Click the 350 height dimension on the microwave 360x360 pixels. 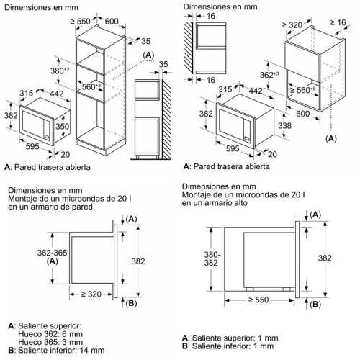(x=63, y=127)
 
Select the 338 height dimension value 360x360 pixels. (x=284, y=125)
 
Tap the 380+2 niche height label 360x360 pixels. (x=60, y=71)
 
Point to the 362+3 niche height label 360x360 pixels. (x=269, y=75)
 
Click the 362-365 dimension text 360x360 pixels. (x=53, y=253)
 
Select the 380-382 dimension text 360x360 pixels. (x=211, y=258)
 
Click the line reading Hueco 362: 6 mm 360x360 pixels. (x=50, y=334)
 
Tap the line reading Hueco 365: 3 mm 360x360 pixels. (x=50, y=342)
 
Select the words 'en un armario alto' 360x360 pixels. (x=215, y=203)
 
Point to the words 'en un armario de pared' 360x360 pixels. (x=50, y=207)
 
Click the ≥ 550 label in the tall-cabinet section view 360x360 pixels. (x=258, y=300)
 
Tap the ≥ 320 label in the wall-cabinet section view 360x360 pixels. (x=91, y=294)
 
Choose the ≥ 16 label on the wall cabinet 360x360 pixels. (x=338, y=22)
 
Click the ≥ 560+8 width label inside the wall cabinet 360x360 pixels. (x=302, y=90)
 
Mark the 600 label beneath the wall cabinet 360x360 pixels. (x=303, y=114)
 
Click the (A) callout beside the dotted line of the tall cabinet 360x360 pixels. (x=148, y=55)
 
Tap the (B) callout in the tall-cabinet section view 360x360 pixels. (x=315, y=305)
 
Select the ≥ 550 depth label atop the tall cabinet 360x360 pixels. (x=81, y=22)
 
